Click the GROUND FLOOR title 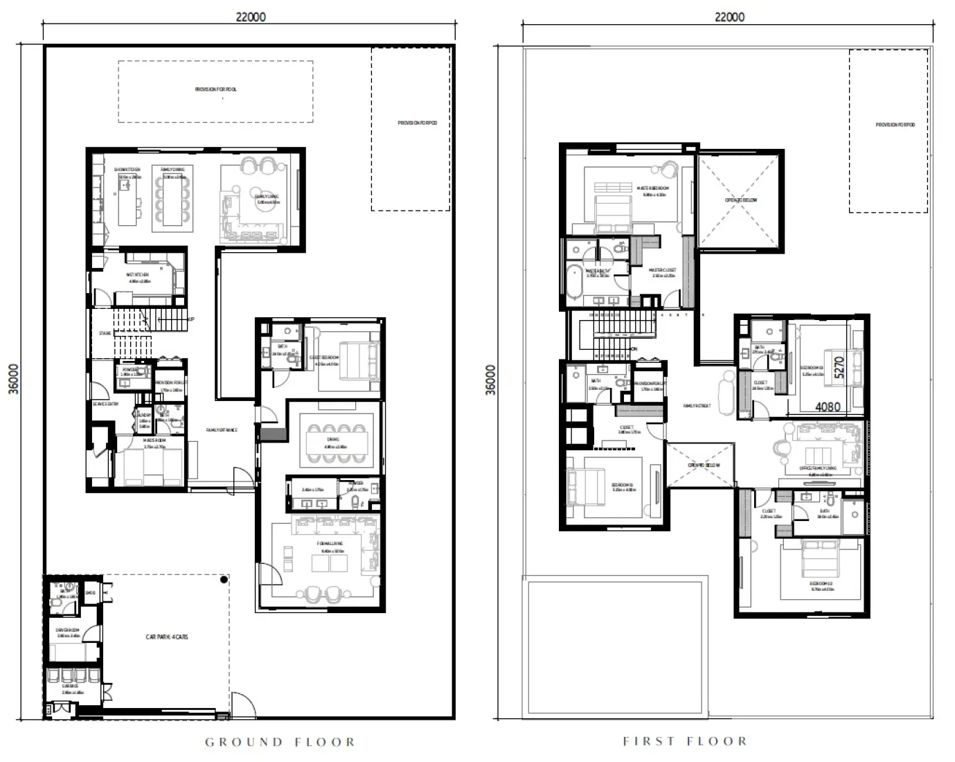pyautogui.click(x=280, y=742)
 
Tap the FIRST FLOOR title pyautogui.click(x=685, y=741)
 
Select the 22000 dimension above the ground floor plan pyautogui.click(x=251, y=17)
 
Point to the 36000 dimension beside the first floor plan pyautogui.click(x=492, y=380)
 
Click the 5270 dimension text pyautogui.click(x=839, y=367)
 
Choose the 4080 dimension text pyautogui.click(x=828, y=407)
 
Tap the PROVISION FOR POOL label pyautogui.click(x=215, y=89)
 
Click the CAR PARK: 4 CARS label pyautogui.click(x=166, y=636)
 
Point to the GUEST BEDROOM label pyautogui.click(x=323, y=357)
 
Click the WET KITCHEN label pyautogui.click(x=137, y=275)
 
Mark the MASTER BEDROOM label pyautogui.click(x=652, y=188)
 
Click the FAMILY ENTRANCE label pyautogui.click(x=222, y=430)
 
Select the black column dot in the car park pyautogui.click(x=224, y=579)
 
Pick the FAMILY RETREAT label pyautogui.click(x=697, y=406)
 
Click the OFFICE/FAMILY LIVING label pyautogui.click(x=818, y=468)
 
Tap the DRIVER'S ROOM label pyautogui.click(x=68, y=630)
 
